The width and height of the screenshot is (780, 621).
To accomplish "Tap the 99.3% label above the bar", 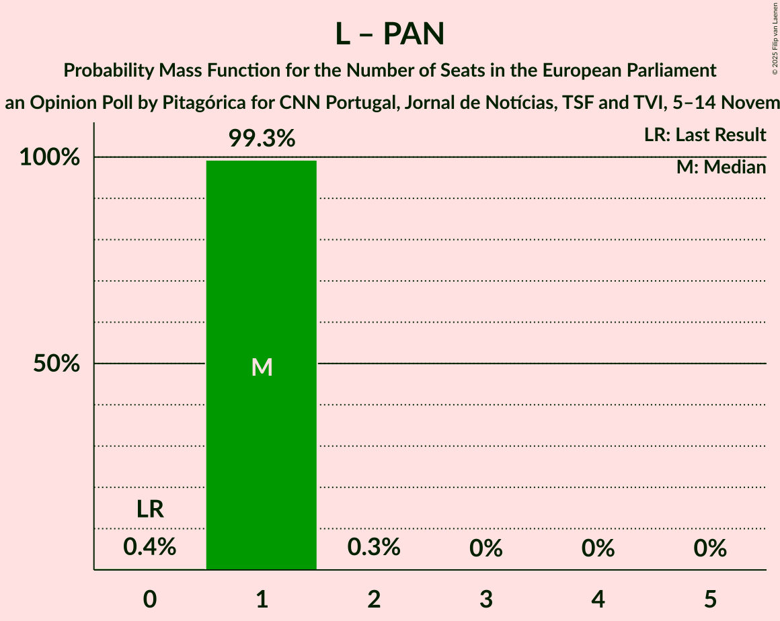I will pos(262,138).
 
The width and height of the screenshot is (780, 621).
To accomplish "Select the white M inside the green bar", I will pos(262,367).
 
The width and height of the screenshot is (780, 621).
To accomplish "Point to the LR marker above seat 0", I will pos(150,509).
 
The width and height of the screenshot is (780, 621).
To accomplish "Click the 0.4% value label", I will pos(150,548).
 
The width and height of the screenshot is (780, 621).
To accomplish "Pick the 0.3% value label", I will pos(374,548).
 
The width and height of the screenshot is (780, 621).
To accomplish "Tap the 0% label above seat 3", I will pos(486,548).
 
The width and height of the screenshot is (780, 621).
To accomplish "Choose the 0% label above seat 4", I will pos(598,548).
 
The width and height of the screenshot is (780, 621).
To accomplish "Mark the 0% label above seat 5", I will pos(711,548).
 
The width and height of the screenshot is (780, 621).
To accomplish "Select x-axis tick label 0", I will pos(150,598).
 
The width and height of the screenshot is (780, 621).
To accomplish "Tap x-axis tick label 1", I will pos(262,598).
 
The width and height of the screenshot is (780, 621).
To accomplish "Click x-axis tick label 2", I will pos(374,598).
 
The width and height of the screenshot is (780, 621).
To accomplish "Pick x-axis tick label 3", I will pos(486,598).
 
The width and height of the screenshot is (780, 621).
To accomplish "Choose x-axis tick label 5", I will pos(711,598).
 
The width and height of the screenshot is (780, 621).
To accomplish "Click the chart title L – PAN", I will pos(390,34).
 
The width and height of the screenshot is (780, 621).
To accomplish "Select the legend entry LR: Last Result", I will pos(705,135).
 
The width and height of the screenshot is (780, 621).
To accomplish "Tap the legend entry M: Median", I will pos(721,167).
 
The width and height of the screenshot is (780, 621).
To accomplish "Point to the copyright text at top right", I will pos(775,38).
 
